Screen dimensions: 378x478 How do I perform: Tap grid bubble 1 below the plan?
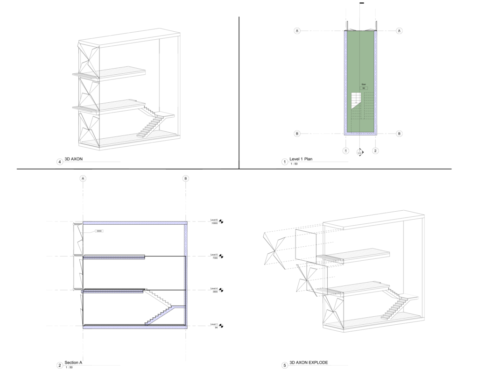click(x=346, y=151)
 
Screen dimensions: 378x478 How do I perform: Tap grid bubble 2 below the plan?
click(x=375, y=151)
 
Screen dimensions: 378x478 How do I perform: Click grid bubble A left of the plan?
click(x=297, y=31)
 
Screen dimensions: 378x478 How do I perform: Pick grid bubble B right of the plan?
click(x=399, y=134)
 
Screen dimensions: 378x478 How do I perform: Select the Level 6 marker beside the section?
click(x=214, y=221)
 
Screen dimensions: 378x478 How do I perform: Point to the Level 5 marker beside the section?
click(x=214, y=256)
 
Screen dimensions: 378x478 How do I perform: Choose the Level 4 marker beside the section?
click(x=214, y=290)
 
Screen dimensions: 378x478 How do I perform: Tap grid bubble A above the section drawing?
click(x=83, y=178)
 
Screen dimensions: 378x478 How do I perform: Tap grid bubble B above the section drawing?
click(x=186, y=178)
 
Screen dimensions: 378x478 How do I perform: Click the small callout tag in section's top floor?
click(x=99, y=231)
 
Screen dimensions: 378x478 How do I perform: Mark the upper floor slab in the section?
click(x=114, y=256)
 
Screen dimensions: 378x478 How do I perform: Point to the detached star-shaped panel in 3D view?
click(x=274, y=250)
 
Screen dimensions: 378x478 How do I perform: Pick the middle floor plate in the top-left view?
click(x=112, y=106)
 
